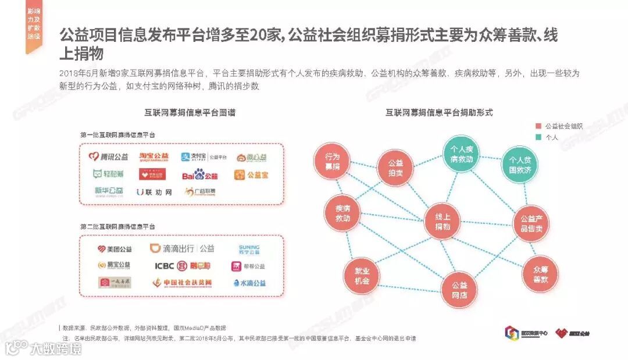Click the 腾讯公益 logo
[108, 156]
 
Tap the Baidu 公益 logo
[199, 174]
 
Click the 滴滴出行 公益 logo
[182, 248]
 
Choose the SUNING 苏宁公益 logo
[249, 249]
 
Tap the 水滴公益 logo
[249, 283]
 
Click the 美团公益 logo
[115, 249]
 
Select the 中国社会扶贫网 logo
[182, 283]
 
